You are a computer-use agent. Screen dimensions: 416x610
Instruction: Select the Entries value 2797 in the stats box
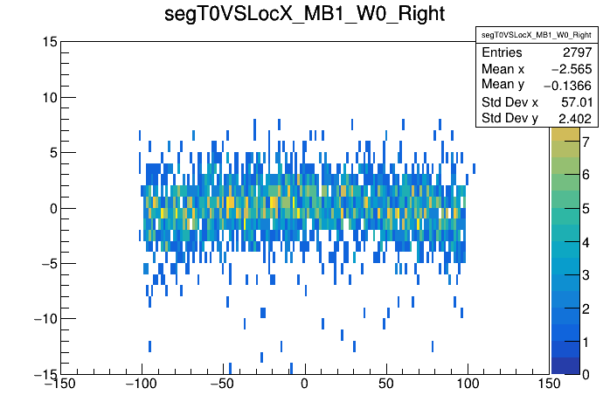(576, 53)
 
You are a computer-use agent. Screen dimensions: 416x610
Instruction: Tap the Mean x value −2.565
(572, 69)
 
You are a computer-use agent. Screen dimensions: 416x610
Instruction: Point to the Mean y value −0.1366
(569, 85)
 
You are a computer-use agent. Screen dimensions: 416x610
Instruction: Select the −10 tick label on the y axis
(45, 318)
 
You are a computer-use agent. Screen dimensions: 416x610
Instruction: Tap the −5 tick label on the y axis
(48, 263)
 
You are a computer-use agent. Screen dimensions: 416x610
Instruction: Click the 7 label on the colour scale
(586, 142)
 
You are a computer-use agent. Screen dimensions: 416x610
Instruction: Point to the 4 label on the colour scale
(586, 241)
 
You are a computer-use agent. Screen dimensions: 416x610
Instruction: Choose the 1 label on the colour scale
(586, 341)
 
